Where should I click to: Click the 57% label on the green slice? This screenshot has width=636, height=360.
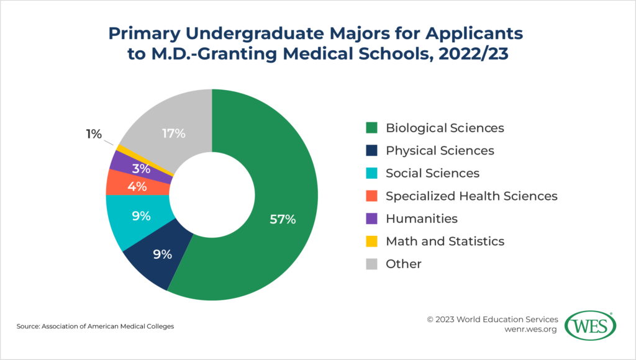283,219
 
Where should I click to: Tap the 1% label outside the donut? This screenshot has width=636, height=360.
94,133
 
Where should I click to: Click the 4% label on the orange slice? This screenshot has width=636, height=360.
137,186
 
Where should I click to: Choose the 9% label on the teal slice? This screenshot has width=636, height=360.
140,216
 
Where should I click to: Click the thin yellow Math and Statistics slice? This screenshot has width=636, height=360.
116,148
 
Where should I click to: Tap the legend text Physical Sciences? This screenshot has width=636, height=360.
440,150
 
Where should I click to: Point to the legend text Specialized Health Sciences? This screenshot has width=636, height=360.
471,196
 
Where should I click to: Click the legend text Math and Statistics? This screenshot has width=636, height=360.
445,241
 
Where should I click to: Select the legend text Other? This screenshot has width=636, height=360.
403,264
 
